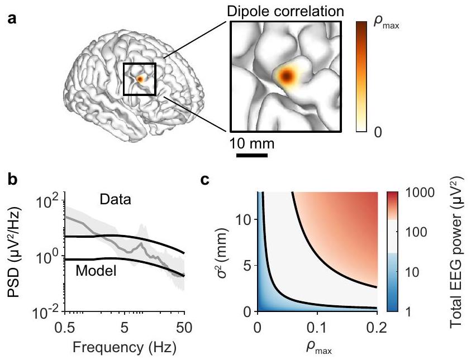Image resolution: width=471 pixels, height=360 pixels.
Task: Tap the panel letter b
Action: (x=12, y=183)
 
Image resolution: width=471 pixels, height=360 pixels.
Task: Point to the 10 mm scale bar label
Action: (x=252, y=144)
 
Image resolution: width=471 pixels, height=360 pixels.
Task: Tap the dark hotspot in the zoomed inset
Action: (x=287, y=76)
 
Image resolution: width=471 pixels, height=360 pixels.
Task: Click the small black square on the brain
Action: (x=139, y=79)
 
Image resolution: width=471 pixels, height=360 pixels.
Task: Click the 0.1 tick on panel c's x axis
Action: (x=317, y=324)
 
